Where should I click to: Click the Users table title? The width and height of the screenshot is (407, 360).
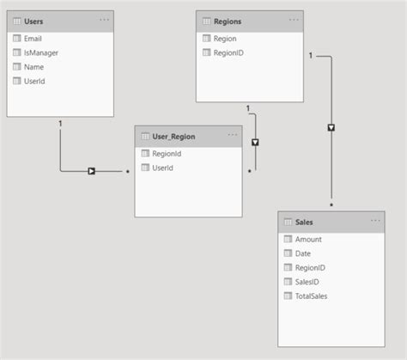34,20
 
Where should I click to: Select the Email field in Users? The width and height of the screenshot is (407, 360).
33,39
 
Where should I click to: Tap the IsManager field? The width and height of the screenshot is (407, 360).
39,52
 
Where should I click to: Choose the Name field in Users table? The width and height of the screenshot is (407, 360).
34,66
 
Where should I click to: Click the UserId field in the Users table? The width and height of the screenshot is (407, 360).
34,80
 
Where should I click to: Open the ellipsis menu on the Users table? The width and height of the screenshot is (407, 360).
105,19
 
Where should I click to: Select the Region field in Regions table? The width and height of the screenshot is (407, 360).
225,39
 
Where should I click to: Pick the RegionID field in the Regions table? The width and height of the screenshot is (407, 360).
228,52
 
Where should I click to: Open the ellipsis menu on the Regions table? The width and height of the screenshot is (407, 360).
295,19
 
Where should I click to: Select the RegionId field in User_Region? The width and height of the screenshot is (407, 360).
167,154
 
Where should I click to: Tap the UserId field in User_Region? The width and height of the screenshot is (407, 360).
163,168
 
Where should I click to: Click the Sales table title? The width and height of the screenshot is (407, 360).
304,222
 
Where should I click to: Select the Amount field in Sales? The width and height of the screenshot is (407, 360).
309,240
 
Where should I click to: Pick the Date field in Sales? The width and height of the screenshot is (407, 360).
303,253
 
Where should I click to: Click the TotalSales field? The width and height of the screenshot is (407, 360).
312,295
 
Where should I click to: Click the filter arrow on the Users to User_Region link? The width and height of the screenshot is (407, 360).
90,171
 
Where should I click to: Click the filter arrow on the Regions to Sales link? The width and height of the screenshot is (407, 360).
331,127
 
